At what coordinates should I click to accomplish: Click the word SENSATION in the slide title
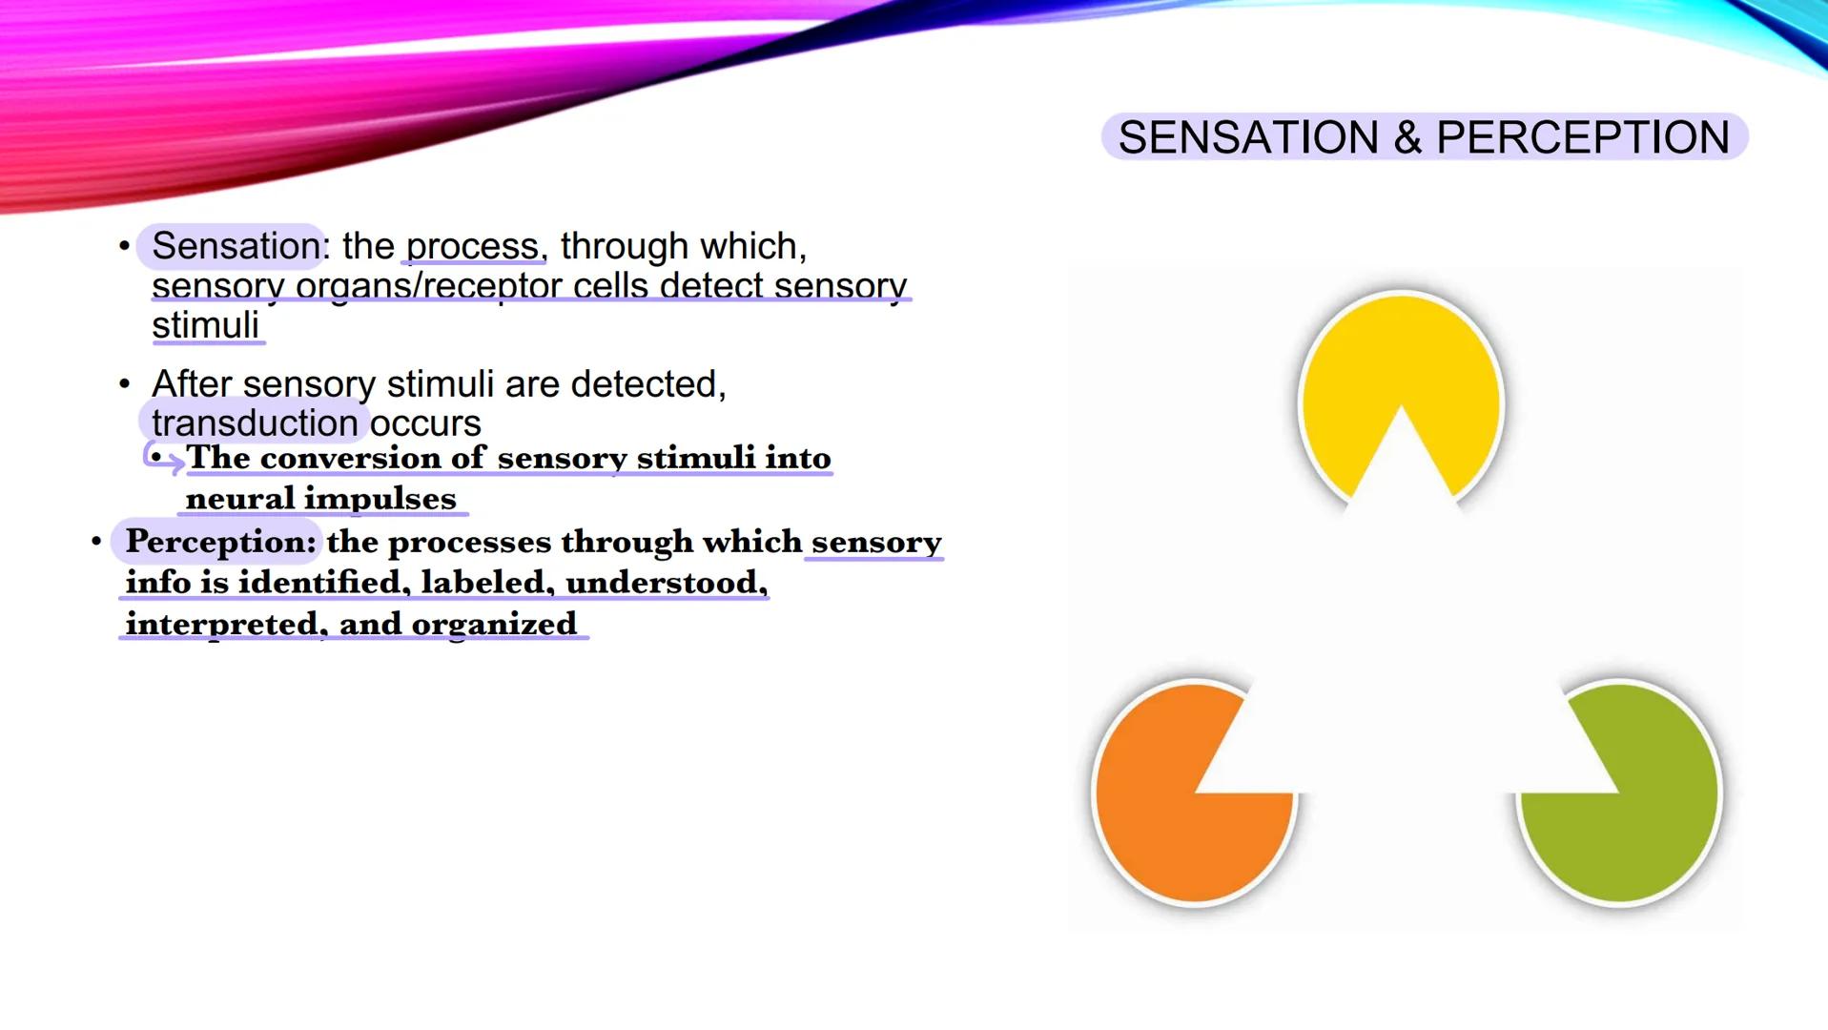(1248, 137)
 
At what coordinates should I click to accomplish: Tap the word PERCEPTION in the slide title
(1583, 137)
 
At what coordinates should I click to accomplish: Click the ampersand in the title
(1407, 137)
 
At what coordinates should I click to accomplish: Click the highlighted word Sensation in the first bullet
(236, 246)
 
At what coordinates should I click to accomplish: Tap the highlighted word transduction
(255, 422)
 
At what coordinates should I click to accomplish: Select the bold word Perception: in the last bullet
(220, 542)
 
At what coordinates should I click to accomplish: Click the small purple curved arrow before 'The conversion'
(162, 458)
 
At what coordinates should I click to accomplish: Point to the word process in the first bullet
(473, 246)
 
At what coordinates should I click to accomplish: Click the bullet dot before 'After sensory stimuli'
(124, 384)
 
